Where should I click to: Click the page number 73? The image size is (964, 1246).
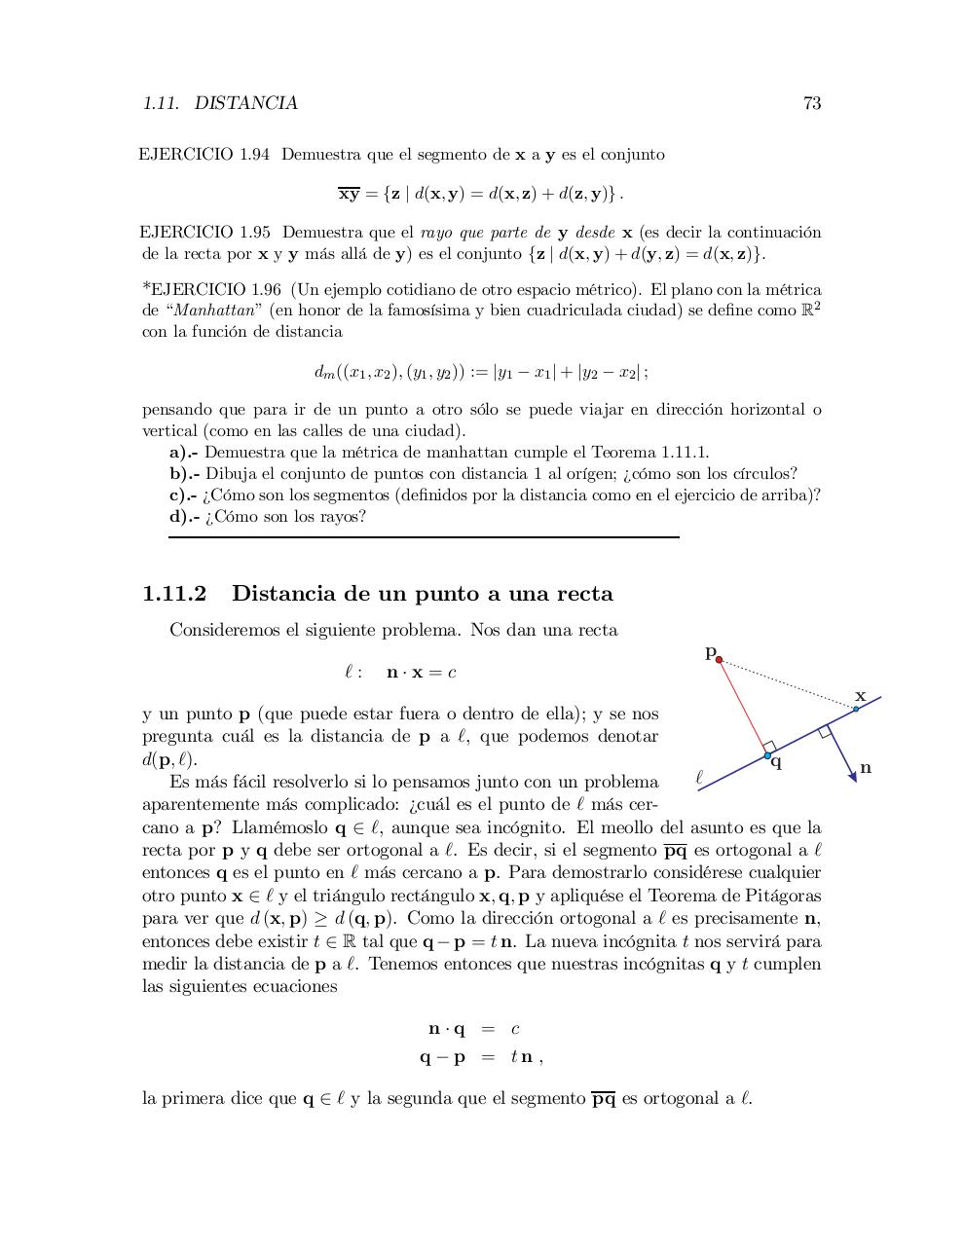(x=812, y=103)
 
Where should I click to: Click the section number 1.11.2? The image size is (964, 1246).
(x=174, y=594)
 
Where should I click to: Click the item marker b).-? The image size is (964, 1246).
(x=184, y=474)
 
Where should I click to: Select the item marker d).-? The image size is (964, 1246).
(x=184, y=517)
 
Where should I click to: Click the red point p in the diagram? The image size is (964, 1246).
(x=719, y=660)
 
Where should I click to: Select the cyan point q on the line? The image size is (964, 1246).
(x=767, y=755)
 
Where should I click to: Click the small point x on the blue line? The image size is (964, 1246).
(x=856, y=709)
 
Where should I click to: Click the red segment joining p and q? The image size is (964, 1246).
(x=743, y=708)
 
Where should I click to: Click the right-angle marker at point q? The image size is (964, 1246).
(x=770, y=747)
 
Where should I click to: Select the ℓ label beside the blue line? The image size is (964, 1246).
(x=699, y=777)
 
